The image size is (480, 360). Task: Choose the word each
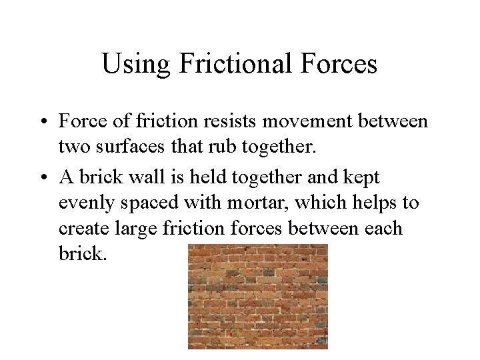point(383,228)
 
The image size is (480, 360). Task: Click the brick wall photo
point(257,296)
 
